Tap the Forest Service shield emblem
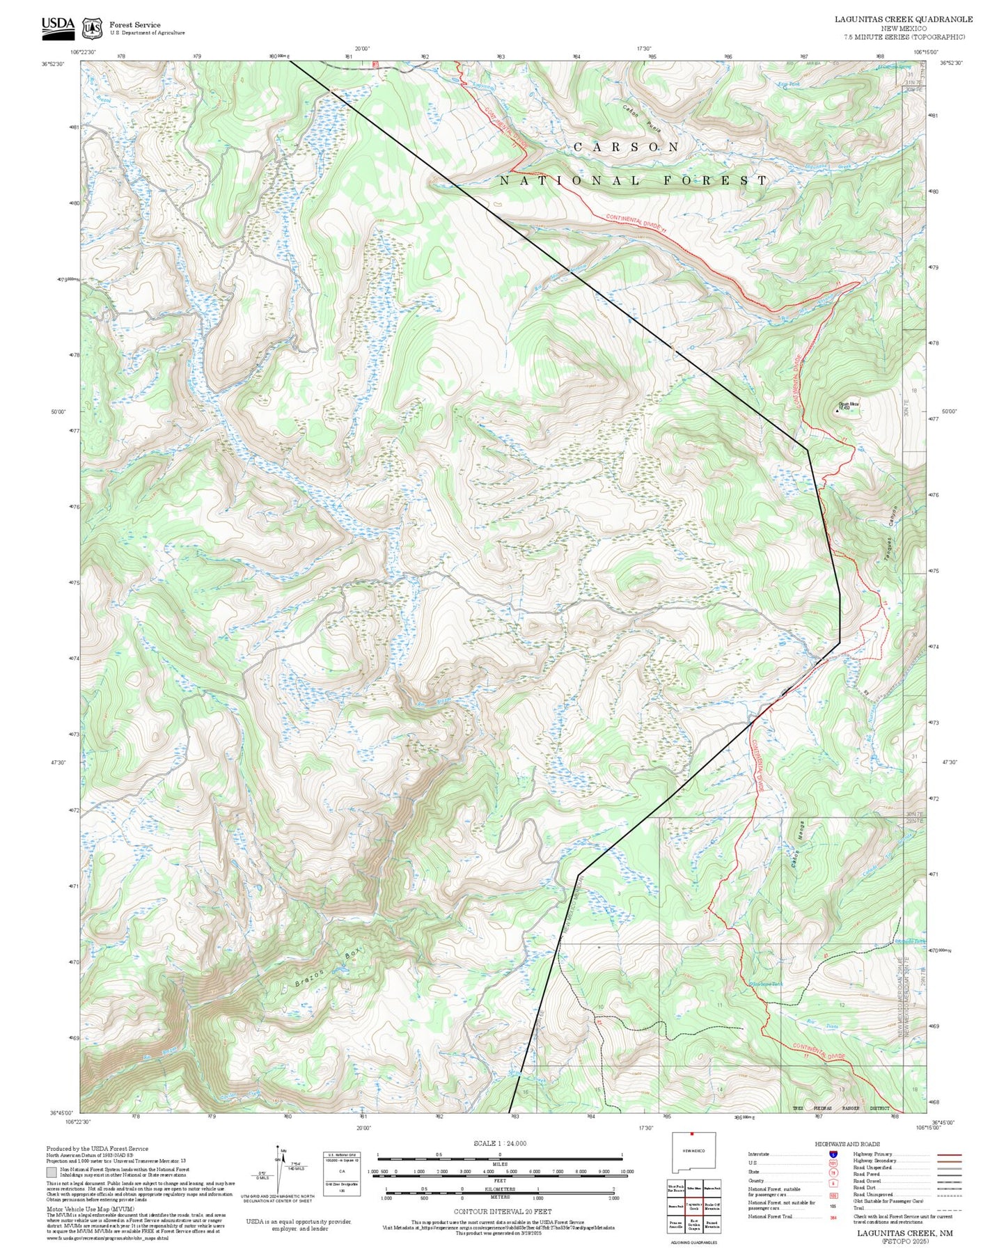pos(91,28)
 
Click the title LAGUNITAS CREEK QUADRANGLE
pos(904,19)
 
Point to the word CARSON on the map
pos(626,147)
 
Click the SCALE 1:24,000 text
pos(500,1142)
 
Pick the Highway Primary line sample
pos(949,1154)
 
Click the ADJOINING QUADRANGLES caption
pos(693,1242)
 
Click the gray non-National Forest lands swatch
pos(52,1172)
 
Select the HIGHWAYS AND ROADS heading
pos(847,1144)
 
